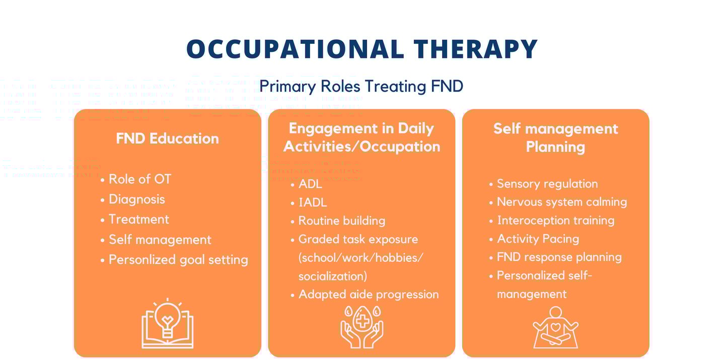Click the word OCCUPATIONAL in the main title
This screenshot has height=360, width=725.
pos(295,49)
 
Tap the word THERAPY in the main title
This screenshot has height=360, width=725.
pos(475,49)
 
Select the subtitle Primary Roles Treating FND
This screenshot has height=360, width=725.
pos(361,87)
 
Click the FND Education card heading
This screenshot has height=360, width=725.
pos(167,138)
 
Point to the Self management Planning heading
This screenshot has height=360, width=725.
pos(555,138)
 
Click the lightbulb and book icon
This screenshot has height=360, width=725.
pos(167,323)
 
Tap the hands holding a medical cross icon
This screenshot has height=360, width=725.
pos(362,327)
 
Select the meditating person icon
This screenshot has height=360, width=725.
pos(555,327)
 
